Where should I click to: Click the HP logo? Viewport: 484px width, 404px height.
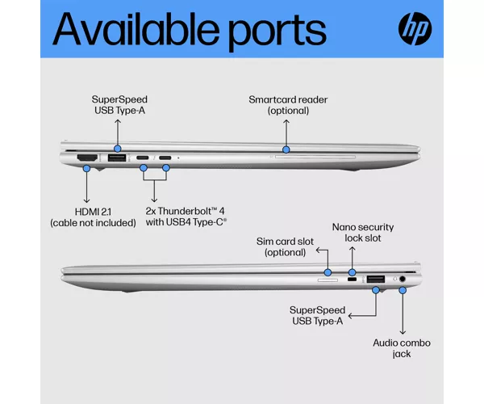tap(415, 29)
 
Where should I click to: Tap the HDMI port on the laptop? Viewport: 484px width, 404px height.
tap(87, 158)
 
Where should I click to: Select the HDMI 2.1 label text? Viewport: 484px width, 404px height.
tap(93, 212)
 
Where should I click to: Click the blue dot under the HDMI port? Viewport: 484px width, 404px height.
tap(87, 168)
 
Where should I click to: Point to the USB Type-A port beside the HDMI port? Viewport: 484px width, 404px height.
tap(117, 158)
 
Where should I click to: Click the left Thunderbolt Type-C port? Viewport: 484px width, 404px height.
tap(142, 158)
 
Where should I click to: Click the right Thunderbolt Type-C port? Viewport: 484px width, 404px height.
tap(165, 158)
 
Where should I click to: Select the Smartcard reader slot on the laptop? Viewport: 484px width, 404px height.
tap(315, 157)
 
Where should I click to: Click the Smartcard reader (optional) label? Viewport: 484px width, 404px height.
tap(288, 105)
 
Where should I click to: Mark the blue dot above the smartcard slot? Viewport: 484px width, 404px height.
tap(286, 150)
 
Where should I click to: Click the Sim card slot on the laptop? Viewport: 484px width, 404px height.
tap(328, 280)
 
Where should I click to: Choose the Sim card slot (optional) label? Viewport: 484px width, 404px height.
tap(285, 246)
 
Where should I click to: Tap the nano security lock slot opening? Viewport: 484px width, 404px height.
tap(352, 280)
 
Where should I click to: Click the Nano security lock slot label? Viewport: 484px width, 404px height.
tap(363, 233)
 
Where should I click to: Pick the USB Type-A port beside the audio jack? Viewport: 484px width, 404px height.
tap(376, 280)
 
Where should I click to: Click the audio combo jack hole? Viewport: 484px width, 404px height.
tap(403, 279)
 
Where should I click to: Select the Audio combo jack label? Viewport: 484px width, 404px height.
tap(402, 348)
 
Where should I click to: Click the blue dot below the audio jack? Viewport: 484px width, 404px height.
tap(403, 291)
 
